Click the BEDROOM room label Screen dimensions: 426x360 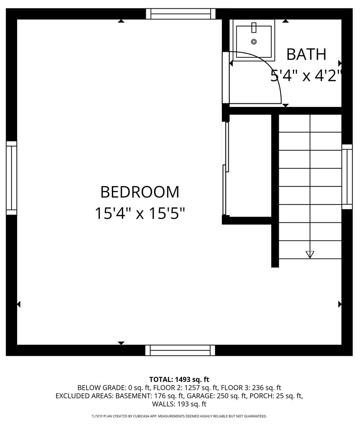click(x=140, y=192)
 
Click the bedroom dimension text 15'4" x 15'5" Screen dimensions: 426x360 click(x=140, y=214)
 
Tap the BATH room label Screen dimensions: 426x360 click(x=306, y=54)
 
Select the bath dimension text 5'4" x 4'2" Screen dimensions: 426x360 click(x=306, y=76)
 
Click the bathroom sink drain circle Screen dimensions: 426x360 click(x=254, y=42)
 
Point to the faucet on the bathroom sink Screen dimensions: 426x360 click(x=254, y=27)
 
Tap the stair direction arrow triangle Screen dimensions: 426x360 click(x=310, y=254)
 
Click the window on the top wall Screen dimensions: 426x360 click(x=181, y=14)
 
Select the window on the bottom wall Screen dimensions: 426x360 click(x=180, y=350)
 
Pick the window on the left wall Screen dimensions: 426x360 click(x=11, y=178)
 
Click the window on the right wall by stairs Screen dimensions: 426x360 click(x=347, y=177)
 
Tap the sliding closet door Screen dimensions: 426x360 click(x=226, y=168)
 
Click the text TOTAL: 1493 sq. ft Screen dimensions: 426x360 click(x=179, y=379)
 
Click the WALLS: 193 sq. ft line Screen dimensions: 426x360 click(x=179, y=404)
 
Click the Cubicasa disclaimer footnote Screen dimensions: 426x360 click(x=179, y=416)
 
